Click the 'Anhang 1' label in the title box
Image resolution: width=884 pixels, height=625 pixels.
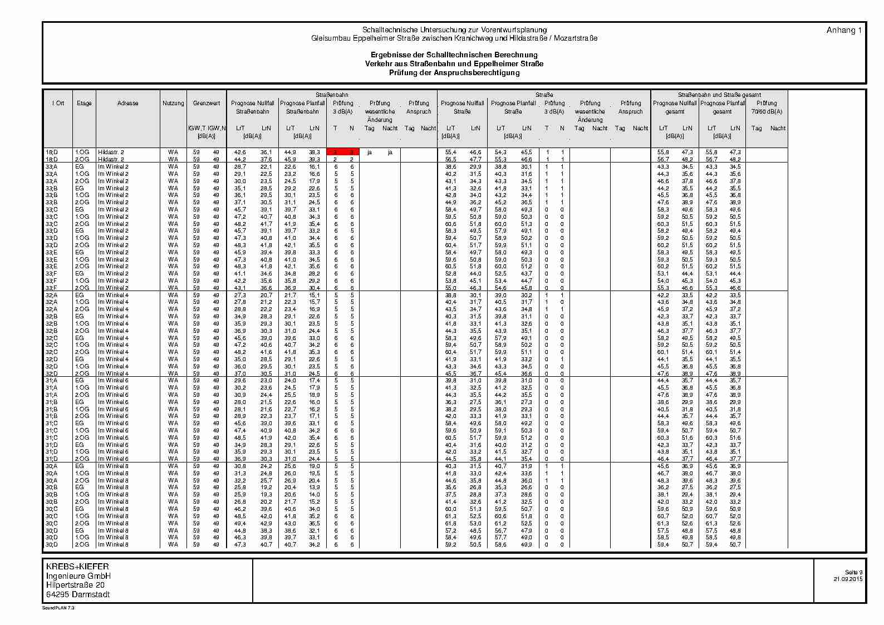click(x=844, y=30)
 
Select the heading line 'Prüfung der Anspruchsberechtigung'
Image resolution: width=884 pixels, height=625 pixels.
click(x=454, y=72)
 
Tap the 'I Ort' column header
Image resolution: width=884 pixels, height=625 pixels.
click(x=58, y=103)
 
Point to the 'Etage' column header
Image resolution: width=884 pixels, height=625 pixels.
click(x=85, y=103)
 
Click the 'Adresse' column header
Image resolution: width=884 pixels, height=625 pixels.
click(x=128, y=103)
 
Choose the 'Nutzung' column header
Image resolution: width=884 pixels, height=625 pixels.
click(x=173, y=103)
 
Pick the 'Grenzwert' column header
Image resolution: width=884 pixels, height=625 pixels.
click(x=207, y=103)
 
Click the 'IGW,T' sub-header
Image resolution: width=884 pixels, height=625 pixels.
click(x=197, y=128)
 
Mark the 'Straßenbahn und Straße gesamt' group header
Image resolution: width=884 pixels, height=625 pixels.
click(x=719, y=95)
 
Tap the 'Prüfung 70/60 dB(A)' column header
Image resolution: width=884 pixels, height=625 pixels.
click(x=767, y=107)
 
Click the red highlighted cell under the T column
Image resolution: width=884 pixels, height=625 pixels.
click(x=336, y=152)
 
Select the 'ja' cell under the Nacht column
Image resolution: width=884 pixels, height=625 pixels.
click(x=390, y=152)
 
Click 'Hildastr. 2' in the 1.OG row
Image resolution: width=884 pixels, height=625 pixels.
click(x=111, y=152)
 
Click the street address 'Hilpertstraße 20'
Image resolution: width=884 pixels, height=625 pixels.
click(x=75, y=585)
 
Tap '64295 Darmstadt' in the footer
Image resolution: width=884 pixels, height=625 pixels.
click(x=78, y=594)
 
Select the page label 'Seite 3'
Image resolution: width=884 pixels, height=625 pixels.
click(x=853, y=572)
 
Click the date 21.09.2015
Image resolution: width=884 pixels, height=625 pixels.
click(x=848, y=579)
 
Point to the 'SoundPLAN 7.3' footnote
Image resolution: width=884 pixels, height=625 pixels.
click(x=58, y=608)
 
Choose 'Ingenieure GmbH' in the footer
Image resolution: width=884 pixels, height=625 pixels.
click(x=78, y=575)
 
